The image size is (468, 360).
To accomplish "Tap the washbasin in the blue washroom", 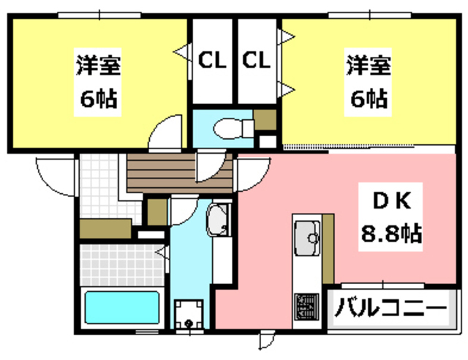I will [x=218, y=220].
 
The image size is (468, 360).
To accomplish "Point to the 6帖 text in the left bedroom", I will [x=99, y=100].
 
